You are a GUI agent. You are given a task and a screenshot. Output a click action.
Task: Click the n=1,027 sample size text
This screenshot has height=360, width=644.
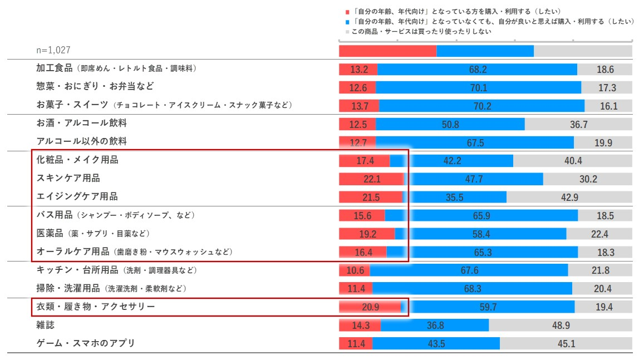(53, 50)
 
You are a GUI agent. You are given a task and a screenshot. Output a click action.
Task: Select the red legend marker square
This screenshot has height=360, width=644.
(347, 11)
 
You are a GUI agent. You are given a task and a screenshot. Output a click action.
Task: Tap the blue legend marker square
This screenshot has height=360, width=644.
(347, 22)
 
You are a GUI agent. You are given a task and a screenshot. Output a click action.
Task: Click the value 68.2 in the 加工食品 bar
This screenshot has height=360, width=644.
(478, 70)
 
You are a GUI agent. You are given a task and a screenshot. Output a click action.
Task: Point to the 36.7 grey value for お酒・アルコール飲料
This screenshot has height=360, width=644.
(578, 125)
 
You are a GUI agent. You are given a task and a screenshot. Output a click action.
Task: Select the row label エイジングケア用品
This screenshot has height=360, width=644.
(77, 196)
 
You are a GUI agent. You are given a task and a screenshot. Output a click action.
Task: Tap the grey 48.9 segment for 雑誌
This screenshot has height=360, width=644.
(560, 326)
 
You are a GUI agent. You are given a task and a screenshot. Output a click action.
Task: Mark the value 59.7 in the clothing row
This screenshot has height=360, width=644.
(488, 307)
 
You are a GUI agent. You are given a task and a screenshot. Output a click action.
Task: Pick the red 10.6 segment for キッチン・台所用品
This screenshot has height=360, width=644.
(355, 270)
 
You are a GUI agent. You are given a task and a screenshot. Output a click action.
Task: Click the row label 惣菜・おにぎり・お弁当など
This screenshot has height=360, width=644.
(95, 86)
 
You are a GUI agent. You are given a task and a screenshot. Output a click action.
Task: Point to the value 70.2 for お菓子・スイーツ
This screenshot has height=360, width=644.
(481, 106)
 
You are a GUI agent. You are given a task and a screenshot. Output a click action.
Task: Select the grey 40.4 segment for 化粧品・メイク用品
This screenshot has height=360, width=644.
(572, 161)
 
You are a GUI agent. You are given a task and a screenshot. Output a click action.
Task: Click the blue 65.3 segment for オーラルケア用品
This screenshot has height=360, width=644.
(483, 253)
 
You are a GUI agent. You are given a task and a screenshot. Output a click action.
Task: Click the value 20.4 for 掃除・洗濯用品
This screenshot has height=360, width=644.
(602, 289)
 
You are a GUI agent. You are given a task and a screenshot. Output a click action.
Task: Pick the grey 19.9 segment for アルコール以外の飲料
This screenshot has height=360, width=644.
(603, 143)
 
